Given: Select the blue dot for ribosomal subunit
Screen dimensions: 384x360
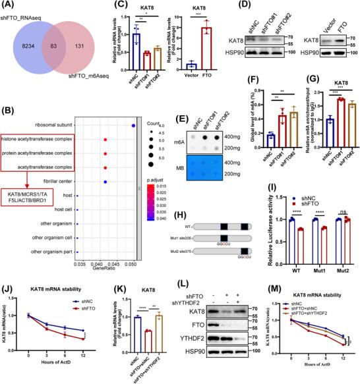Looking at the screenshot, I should point(133,125).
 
